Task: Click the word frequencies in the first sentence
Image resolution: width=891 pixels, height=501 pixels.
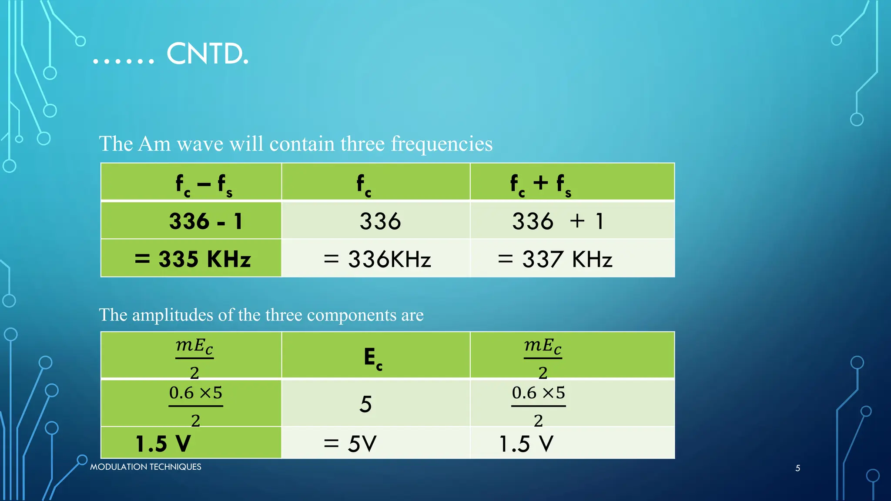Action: pyautogui.click(x=441, y=144)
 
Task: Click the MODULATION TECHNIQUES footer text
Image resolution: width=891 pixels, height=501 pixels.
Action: pyautogui.click(x=145, y=467)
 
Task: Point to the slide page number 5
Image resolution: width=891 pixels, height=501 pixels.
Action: pyautogui.click(x=797, y=468)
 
